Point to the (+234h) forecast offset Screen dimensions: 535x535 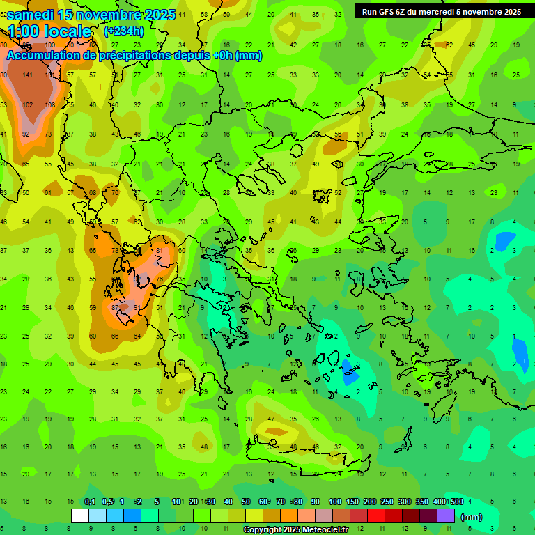[124, 31]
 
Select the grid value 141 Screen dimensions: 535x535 [27, 75]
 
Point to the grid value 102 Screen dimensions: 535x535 [27, 105]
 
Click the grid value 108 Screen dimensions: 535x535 [49, 105]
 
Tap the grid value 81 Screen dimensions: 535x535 [160, 251]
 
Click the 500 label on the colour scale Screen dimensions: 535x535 [456, 502]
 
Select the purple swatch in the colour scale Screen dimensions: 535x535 [446, 516]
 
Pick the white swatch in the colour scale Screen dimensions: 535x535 [80, 516]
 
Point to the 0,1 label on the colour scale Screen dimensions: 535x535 [90, 502]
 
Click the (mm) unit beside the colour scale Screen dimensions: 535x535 [472, 517]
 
